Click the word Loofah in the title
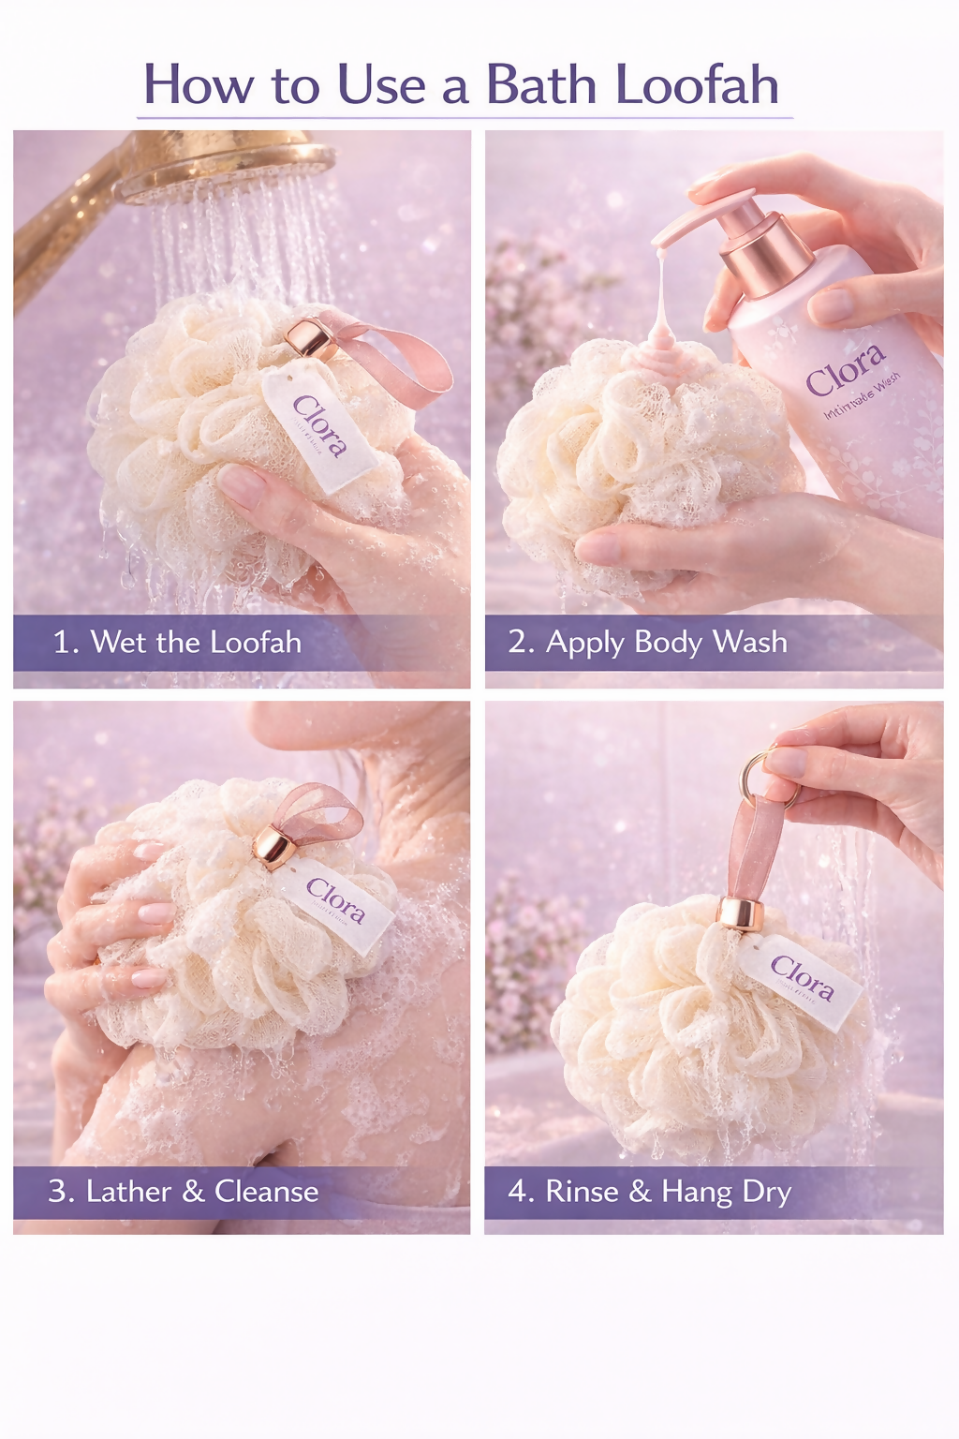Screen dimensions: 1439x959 tap(697, 85)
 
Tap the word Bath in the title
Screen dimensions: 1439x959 tap(540, 85)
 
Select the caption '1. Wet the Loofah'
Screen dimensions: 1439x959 tap(177, 643)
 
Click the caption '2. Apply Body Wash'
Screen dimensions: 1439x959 tap(647, 643)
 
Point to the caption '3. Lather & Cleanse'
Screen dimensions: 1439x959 tap(184, 1192)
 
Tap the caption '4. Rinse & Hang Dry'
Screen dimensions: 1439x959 tap(649, 1192)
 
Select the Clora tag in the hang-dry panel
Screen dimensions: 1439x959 tap(802, 980)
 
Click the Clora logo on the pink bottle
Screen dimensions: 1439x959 tap(845, 369)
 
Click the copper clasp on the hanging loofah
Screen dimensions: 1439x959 tap(735, 913)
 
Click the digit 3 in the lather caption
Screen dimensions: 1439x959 tap(58, 1192)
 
